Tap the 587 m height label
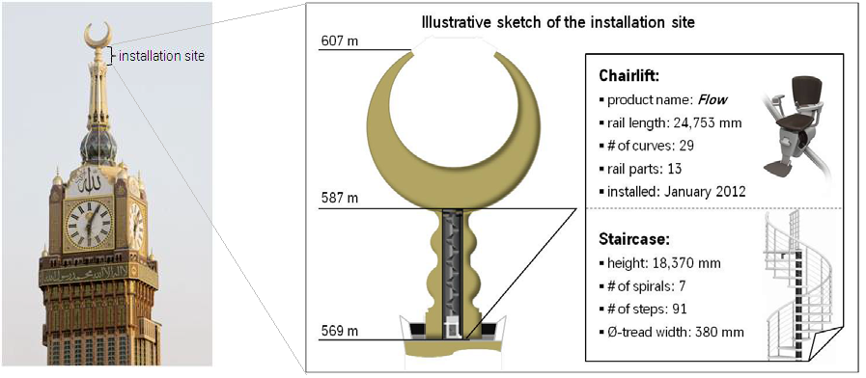tap(340, 198)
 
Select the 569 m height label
tap(340, 332)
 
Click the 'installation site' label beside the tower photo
tap(161, 56)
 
